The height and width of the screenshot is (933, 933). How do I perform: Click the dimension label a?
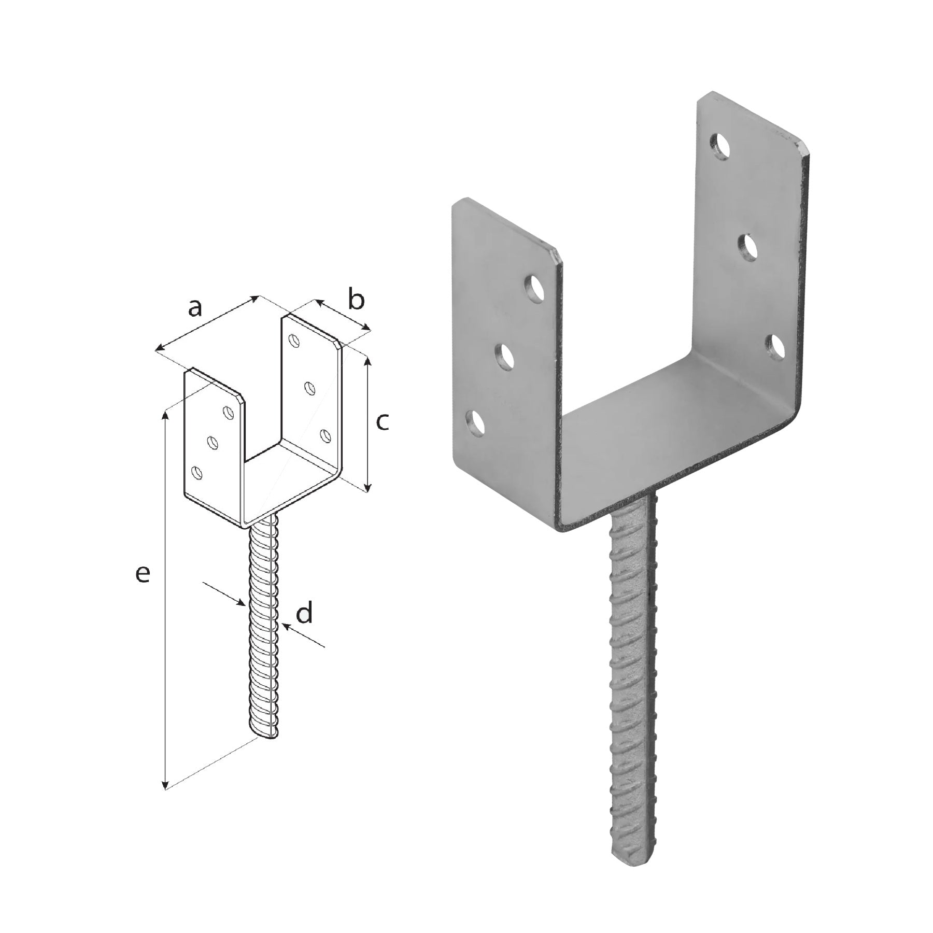click(194, 308)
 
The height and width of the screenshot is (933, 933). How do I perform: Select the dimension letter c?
click(382, 422)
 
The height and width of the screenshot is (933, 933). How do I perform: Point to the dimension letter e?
click(143, 574)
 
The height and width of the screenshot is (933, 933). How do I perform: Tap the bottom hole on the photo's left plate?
click(475, 423)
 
